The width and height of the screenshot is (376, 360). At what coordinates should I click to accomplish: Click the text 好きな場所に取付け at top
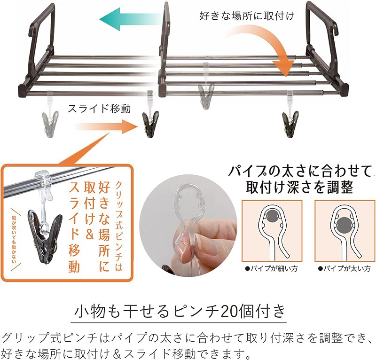(x=247, y=16)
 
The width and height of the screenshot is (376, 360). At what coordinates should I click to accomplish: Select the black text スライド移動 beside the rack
(x=99, y=109)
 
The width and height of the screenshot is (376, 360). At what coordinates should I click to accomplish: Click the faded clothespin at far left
(x=50, y=124)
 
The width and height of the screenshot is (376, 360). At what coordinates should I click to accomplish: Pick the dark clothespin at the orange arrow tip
(x=150, y=124)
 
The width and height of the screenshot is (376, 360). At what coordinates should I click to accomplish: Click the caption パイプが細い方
(x=271, y=269)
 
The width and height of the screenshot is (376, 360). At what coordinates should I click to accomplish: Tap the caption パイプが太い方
(x=345, y=269)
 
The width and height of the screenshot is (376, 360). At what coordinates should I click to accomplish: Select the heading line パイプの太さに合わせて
(x=300, y=171)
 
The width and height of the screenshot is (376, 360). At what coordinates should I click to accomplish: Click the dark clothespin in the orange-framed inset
(x=45, y=236)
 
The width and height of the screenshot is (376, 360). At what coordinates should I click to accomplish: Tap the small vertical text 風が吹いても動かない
(x=14, y=239)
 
